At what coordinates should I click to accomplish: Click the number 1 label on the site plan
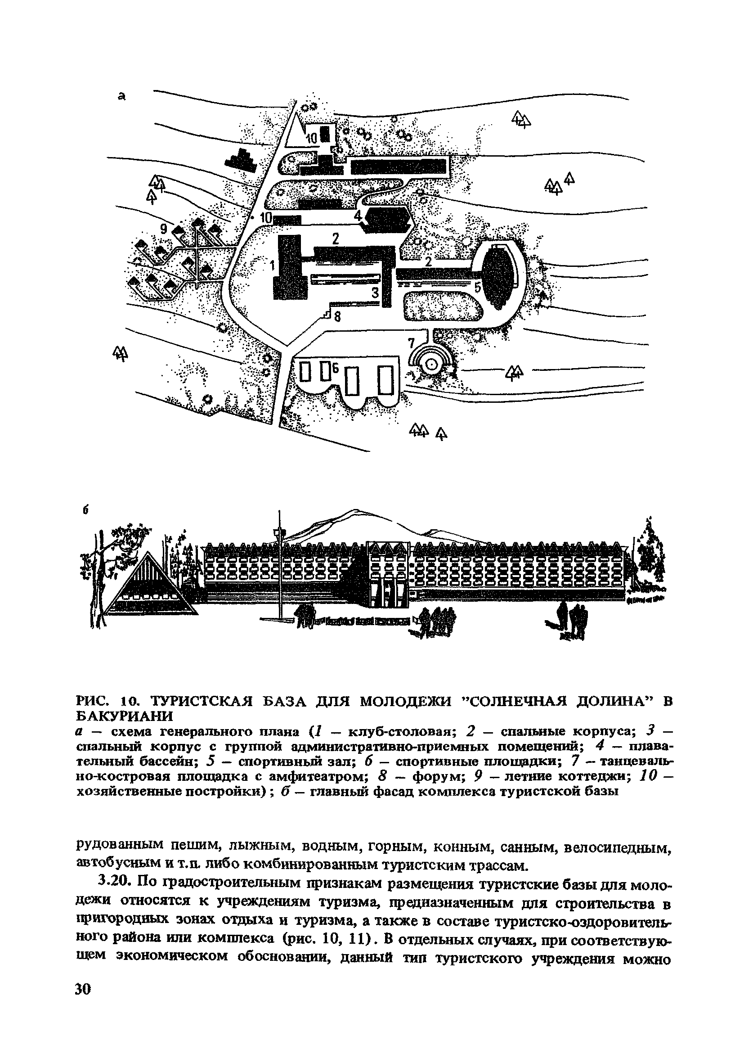(x=272, y=266)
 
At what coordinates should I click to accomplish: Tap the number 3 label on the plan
(x=375, y=292)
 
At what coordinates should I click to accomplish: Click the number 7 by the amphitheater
(x=411, y=343)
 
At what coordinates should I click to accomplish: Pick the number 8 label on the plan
(x=337, y=317)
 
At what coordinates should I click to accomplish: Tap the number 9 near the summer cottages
(x=163, y=228)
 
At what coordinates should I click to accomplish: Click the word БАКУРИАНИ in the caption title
(x=124, y=716)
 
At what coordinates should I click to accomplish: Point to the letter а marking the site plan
(x=122, y=96)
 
